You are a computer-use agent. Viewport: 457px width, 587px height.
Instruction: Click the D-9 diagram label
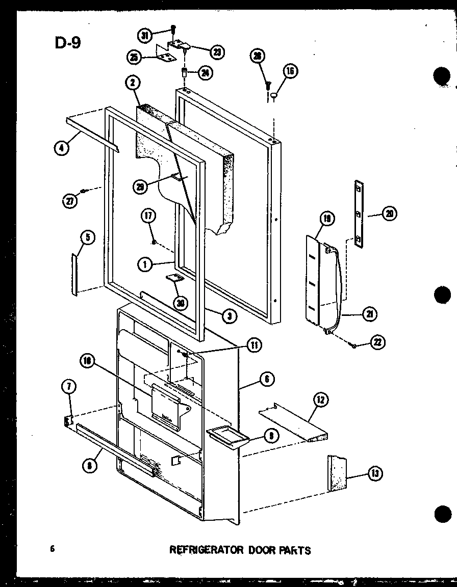[67, 42]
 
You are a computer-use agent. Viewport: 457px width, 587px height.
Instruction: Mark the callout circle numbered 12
[321, 400]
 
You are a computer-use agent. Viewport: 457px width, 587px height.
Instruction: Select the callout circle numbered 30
[180, 303]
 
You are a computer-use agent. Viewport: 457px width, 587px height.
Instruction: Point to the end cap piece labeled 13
[337, 473]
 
